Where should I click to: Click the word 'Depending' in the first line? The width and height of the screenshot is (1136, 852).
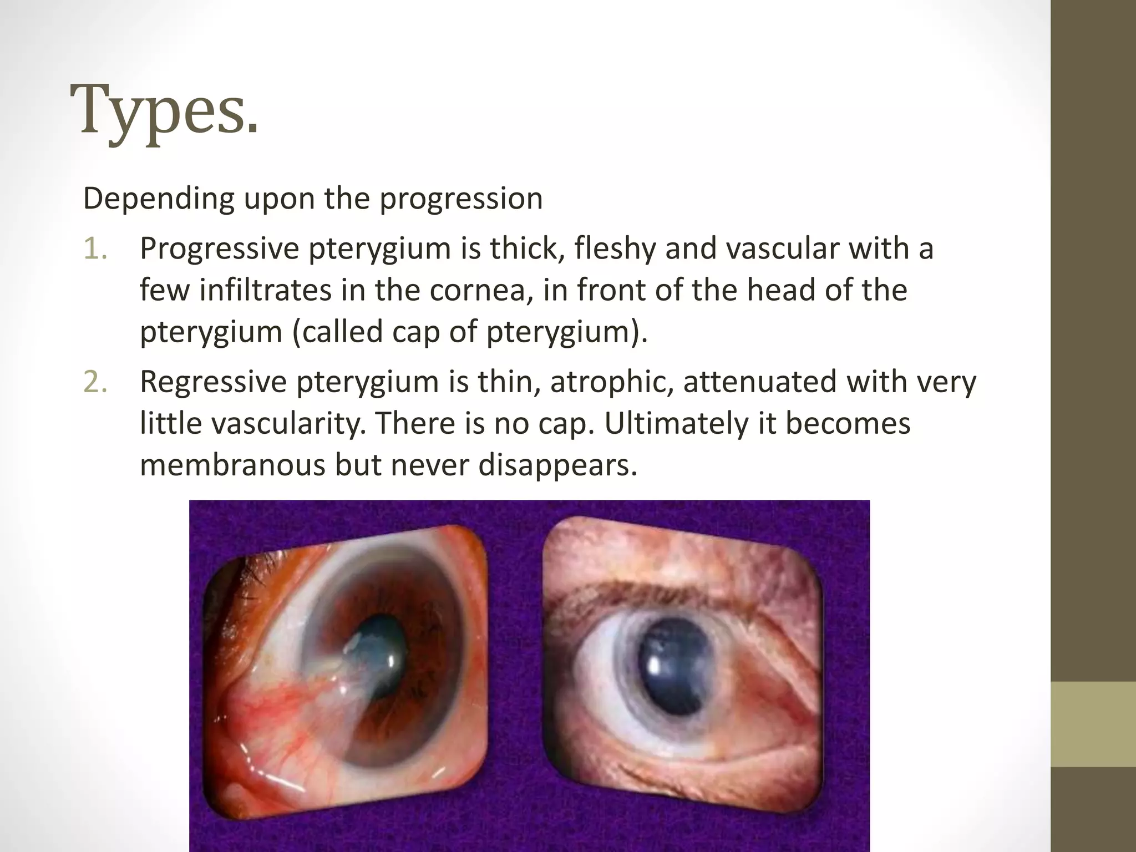tap(159, 199)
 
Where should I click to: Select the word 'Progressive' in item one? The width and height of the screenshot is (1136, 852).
tap(219, 248)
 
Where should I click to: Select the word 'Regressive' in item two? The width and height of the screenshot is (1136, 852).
tap(212, 382)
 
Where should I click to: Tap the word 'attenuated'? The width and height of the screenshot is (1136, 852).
tap(759, 382)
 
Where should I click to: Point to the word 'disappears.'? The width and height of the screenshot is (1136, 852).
tap(557, 465)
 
